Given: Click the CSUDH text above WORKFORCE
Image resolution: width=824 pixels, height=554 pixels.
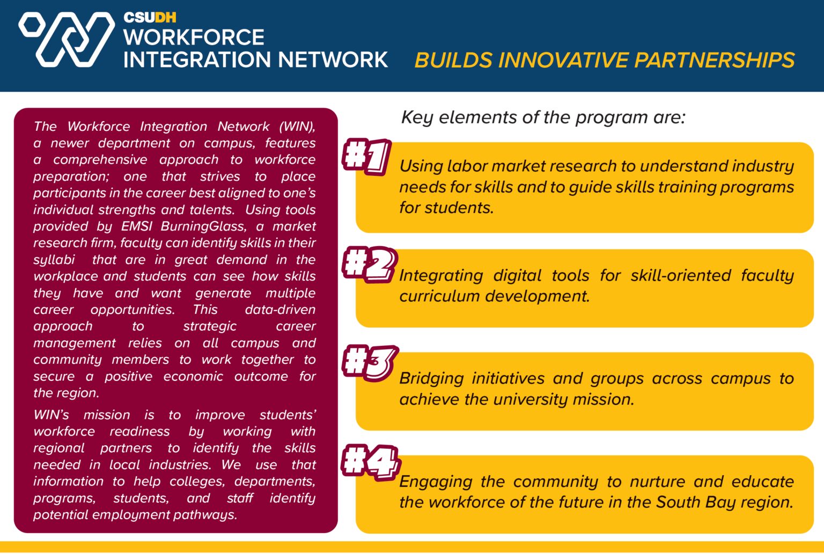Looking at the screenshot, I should (150, 17).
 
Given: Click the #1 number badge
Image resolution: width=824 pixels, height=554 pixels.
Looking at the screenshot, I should (366, 157).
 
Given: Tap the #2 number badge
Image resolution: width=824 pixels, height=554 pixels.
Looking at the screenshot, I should (369, 264).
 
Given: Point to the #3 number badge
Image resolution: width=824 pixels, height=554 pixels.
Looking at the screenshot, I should (370, 363).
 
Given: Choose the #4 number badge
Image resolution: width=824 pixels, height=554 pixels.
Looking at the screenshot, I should (371, 462).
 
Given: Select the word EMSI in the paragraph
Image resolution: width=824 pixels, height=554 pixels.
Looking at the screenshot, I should (137, 226).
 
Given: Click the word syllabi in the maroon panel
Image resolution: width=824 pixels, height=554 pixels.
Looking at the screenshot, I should (54, 260).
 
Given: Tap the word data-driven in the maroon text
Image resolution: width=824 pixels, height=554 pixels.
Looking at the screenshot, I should (280, 309).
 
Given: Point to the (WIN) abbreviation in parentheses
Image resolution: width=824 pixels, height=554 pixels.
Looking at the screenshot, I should (297, 127).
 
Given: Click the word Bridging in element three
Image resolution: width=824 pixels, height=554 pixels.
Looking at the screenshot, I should (431, 379).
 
